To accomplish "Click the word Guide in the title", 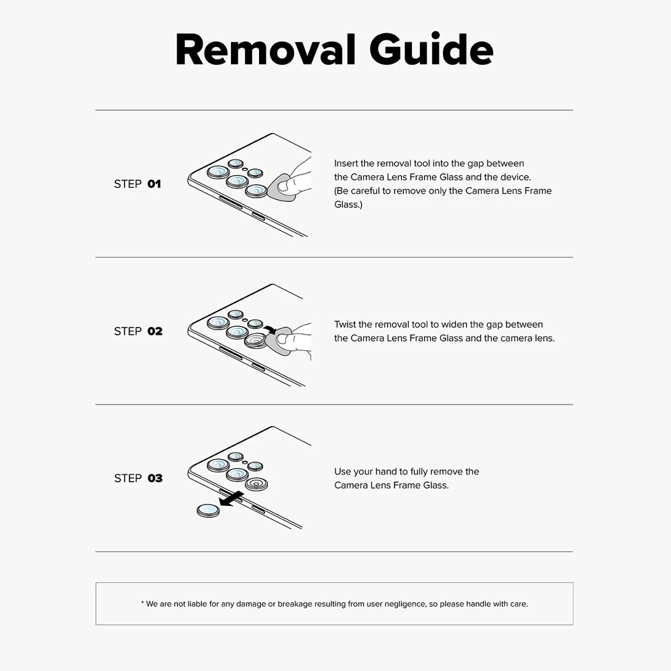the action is pyautogui.click(x=431, y=49).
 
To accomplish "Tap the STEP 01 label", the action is pyautogui.click(x=138, y=184).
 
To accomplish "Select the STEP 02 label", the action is pyautogui.click(x=138, y=331).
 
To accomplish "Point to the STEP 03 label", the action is pyautogui.click(x=138, y=478).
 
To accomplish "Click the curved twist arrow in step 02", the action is pyautogui.click(x=270, y=329).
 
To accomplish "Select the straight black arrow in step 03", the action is pyautogui.click(x=231, y=499).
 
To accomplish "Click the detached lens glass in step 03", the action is pyautogui.click(x=208, y=510).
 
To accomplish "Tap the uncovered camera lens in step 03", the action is pyautogui.click(x=256, y=484).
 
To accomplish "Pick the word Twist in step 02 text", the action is pyautogui.click(x=345, y=324).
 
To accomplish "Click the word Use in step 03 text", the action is pyautogui.click(x=343, y=472).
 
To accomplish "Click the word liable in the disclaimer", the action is pyautogui.click(x=197, y=604).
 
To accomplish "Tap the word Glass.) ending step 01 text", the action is pyautogui.click(x=348, y=205).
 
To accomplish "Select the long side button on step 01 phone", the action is pyautogui.click(x=231, y=203).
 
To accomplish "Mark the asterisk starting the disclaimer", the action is pyautogui.click(x=142, y=603).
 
